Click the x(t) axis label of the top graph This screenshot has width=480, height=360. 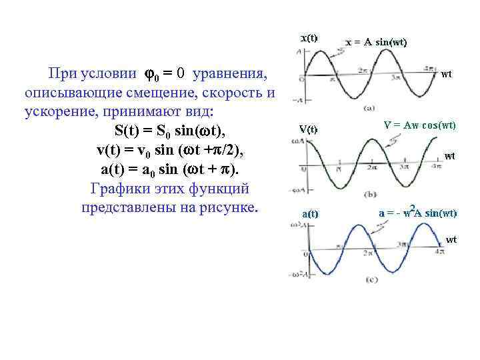tap(309, 38)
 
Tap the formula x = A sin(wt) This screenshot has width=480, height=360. tap(376, 42)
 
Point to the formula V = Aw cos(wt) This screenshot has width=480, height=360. tap(420, 125)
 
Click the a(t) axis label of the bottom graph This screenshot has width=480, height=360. tap(310, 214)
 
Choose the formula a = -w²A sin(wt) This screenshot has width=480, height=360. tap(417, 213)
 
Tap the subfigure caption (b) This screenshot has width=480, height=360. tap(371, 194)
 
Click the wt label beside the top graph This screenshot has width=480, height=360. tap(447, 74)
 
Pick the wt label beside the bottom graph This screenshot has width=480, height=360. tap(451, 239)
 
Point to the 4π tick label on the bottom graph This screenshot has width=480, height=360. tap(439, 251)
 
